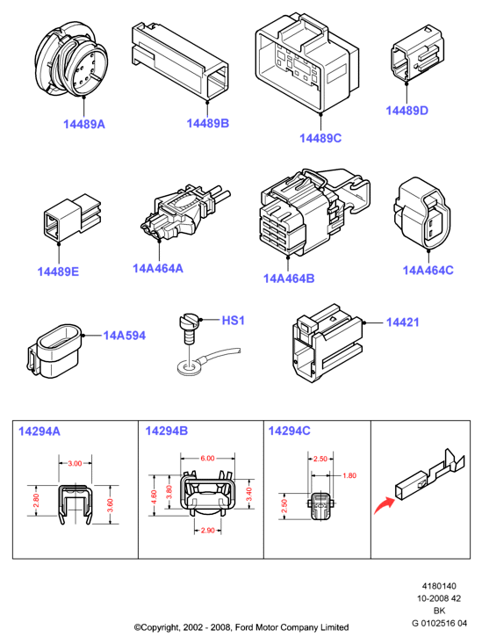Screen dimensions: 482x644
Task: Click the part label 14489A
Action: coord(84,124)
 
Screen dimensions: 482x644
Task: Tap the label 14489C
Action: coord(320,138)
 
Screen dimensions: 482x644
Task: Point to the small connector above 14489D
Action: coord(418,54)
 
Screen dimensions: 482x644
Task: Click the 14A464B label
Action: coord(289,279)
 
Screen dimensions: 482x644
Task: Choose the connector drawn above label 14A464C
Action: coord(422,213)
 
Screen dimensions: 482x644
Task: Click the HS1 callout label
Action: coord(233,321)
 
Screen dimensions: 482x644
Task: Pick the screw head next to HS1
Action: coord(189,321)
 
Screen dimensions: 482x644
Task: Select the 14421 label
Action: coord(402,322)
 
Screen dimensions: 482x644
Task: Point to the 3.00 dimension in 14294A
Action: coord(75,463)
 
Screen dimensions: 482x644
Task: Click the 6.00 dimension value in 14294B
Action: coord(207,458)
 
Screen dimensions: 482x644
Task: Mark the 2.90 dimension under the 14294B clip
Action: coord(207,531)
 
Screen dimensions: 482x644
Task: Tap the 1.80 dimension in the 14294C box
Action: coord(349,475)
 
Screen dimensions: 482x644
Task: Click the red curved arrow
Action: coord(384,505)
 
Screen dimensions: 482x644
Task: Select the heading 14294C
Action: coord(289,431)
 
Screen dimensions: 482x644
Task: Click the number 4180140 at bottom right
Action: coord(439,586)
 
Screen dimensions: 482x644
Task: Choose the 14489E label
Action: coord(58,271)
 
